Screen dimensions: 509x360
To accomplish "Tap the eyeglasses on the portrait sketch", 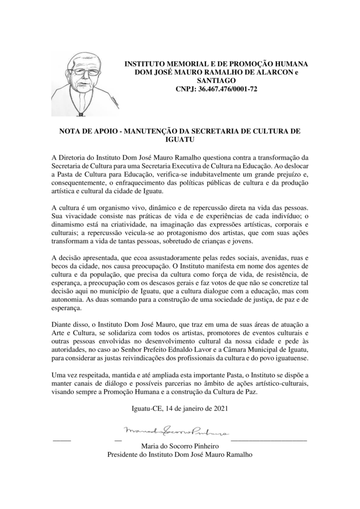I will (86, 72).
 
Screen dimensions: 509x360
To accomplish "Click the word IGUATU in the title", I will (180, 140).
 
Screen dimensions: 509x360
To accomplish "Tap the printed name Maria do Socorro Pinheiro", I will (180, 446).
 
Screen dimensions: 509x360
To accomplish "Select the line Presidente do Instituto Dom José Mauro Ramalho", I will (180, 454).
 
